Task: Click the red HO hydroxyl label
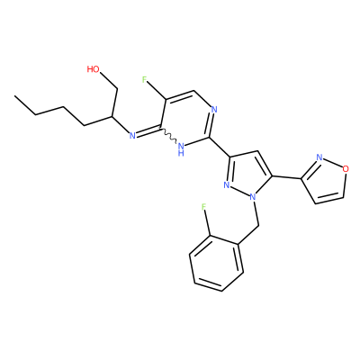point(93,69)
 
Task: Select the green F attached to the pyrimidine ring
point(145,80)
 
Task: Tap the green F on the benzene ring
point(204,207)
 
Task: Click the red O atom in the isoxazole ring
point(346,169)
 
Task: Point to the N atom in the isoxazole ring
point(319,157)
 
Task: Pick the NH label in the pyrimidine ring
point(181,149)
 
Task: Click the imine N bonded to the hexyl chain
point(132,136)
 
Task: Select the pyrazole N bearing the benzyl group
point(253,197)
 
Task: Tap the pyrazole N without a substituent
point(227,185)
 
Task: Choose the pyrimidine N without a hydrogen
point(214,109)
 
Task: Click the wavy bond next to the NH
point(169,137)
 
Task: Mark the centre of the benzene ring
point(217,264)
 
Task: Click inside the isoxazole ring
point(326,182)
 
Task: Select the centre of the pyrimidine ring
point(186,119)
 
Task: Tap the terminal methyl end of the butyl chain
point(14,96)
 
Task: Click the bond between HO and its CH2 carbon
point(109,81)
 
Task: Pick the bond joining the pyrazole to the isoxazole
point(287,177)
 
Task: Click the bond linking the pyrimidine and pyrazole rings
point(220,147)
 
